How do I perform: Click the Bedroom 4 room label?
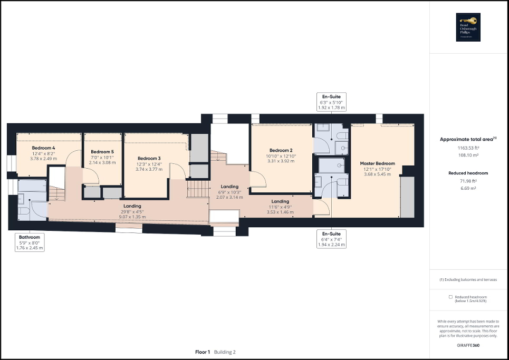[43, 148]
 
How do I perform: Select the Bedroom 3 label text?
[149, 158]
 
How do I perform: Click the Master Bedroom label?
[378, 163]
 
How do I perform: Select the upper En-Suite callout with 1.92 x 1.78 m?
[331, 102]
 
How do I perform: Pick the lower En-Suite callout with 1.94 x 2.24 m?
[331, 238]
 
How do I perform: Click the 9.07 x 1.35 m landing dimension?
[132, 216]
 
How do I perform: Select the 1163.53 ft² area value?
[468, 149]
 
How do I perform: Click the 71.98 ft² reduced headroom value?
[468, 182]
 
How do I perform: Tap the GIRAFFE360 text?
[468, 345]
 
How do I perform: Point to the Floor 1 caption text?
[203, 352]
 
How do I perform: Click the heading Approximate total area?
[467, 139]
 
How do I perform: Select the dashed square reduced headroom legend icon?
[450, 297]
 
